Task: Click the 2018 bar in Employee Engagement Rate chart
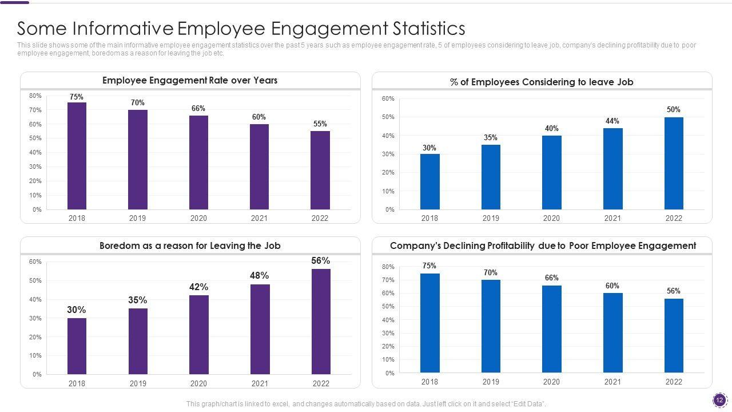(77, 156)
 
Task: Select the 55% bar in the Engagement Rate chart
(320, 170)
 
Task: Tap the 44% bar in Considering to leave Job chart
(612, 169)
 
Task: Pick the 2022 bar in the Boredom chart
(321, 322)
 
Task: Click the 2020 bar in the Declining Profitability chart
(551, 329)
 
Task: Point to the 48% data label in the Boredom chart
(259, 276)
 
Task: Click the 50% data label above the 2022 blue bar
(674, 110)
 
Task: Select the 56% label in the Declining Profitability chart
(674, 291)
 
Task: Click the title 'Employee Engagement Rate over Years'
(190, 81)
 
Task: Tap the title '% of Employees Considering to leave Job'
(542, 82)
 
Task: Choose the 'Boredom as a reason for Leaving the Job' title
(190, 246)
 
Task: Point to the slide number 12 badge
(719, 400)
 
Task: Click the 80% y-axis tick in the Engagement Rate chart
(35, 96)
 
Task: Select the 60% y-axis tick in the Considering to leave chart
(388, 99)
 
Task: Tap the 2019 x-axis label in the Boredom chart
(137, 383)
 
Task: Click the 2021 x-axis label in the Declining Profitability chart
(612, 382)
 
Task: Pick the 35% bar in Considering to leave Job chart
(491, 177)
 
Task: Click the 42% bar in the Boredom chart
(198, 335)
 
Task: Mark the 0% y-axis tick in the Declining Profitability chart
(389, 373)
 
